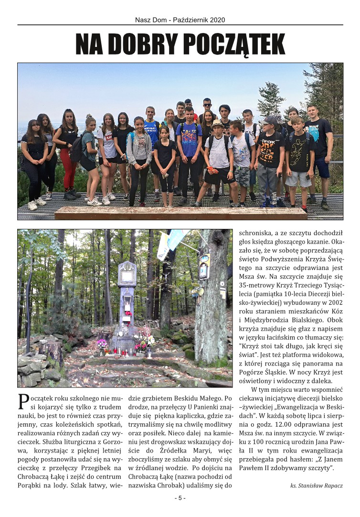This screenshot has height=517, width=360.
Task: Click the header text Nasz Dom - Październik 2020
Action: (180, 20)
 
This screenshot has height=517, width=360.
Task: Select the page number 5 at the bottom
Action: (180, 498)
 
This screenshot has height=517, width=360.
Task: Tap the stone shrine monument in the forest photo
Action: (127, 306)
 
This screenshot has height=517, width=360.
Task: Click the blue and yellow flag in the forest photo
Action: (174, 241)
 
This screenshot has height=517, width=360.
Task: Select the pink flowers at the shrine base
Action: (102, 343)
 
